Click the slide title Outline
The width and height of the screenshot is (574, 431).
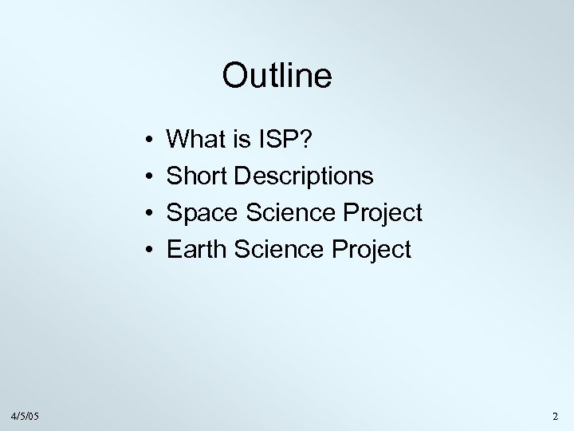pos(277,77)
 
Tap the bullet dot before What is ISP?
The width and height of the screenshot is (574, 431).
pos(151,141)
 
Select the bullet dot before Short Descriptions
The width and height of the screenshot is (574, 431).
pos(151,178)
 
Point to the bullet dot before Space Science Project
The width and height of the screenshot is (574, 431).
pos(151,214)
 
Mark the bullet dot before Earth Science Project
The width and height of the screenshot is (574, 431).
pos(151,251)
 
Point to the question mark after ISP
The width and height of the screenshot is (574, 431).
pos(307,140)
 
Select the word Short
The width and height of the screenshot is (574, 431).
pos(194,177)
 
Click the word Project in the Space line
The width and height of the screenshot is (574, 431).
pos(383,214)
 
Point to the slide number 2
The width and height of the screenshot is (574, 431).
pos(555,416)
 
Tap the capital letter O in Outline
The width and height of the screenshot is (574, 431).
pos(235,77)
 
